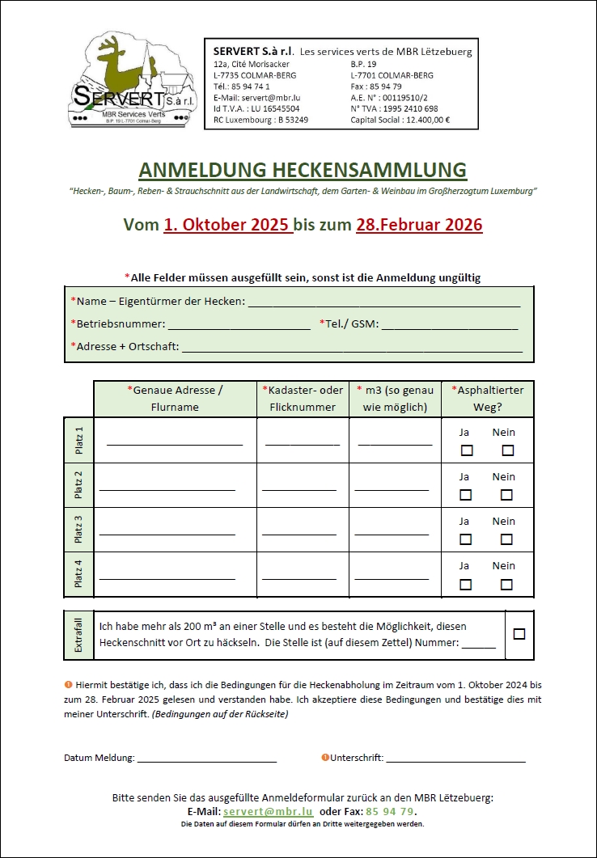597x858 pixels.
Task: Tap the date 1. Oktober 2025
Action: coord(227,225)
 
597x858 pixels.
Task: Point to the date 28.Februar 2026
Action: coord(419,225)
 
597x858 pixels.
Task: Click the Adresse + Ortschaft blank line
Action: coord(353,349)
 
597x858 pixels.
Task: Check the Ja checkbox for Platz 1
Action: coord(466,450)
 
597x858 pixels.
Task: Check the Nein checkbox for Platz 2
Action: coord(506,495)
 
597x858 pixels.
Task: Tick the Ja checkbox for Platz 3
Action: coord(466,539)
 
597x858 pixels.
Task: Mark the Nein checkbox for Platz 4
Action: coord(506,584)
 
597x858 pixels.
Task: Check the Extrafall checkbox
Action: coord(519,634)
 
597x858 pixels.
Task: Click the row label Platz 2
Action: coord(78,485)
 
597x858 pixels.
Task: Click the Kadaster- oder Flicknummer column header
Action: coord(303,399)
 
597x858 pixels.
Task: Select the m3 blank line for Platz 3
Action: coord(392,533)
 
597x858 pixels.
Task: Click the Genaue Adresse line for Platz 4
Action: coord(167,577)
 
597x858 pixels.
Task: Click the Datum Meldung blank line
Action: coord(207,759)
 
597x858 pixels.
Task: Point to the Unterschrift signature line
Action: coord(455,759)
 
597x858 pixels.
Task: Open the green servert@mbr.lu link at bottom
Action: coord(268,811)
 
